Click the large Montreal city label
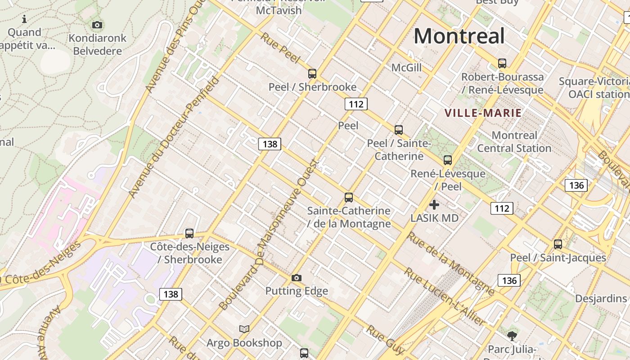tap(459, 36)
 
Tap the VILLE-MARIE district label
tap(483, 113)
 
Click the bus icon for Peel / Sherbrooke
tap(312, 74)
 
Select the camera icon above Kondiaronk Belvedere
tap(97, 25)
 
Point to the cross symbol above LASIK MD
tap(434, 205)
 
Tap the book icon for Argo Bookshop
tap(244, 329)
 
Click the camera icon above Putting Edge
tap(296, 278)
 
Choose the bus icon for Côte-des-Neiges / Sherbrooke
tap(189, 234)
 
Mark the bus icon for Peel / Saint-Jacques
tap(558, 244)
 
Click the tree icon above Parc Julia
tap(512, 336)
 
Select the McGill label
tap(406, 67)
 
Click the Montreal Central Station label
tap(514, 142)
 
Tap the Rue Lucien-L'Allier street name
tap(445, 297)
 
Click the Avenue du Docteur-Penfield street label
tap(174, 137)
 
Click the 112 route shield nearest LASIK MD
tap(502, 208)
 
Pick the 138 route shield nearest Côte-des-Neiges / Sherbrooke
tap(171, 294)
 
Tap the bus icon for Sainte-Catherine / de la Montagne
tap(349, 198)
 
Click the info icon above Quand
tap(24, 19)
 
